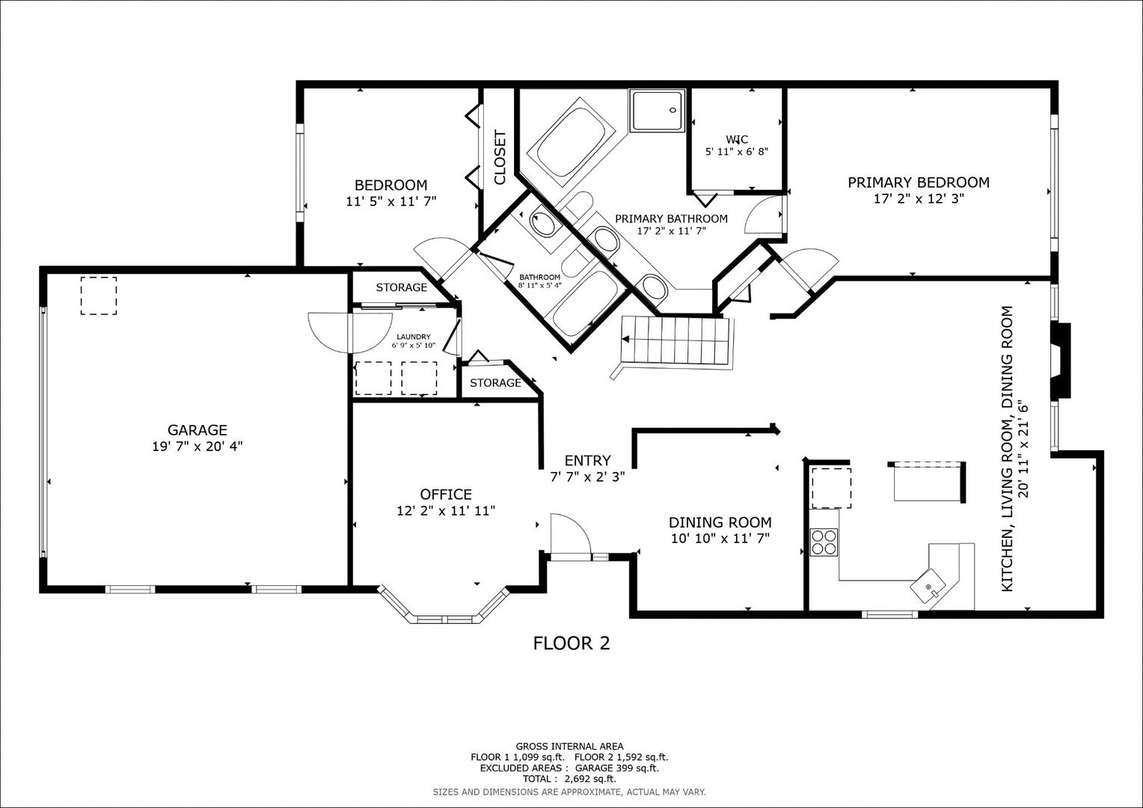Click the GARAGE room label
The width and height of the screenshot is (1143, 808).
pyautogui.click(x=197, y=429)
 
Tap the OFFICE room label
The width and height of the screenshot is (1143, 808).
pyautogui.click(x=446, y=494)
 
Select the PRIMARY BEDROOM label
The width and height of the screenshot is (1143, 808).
pyautogui.click(x=919, y=183)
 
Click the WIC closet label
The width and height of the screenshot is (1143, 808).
pyautogui.click(x=737, y=139)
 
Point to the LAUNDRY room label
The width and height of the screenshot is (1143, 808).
pyautogui.click(x=414, y=337)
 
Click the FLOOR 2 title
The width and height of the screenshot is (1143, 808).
pyautogui.click(x=571, y=643)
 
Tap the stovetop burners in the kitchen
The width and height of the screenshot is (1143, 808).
pyautogui.click(x=824, y=542)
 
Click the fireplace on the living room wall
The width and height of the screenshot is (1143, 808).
pyautogui.click(x=1060, y=361)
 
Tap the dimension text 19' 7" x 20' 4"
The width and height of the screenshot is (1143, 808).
pyautogui.click(x=197, y=447)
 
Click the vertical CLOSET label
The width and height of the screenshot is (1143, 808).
pyautogui.click(x=500, y=157)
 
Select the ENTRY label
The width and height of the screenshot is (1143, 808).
pyautogui.click(x=587, y=460)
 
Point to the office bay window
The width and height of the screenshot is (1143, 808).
pyautogui.click(x=444, y=608)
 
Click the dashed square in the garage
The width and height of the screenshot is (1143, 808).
pyautogui.click(x=99, y=296)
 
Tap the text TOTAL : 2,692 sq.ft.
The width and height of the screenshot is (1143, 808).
pyautogui.click(x=569, y=779)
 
